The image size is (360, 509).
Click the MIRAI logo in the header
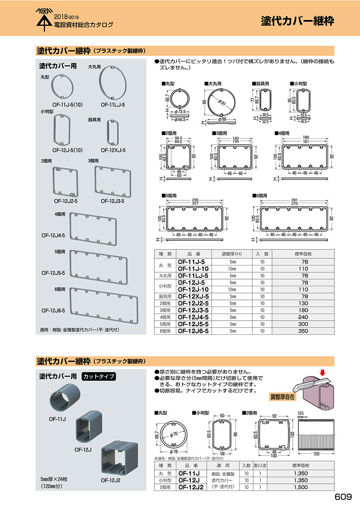(x=44, y=20)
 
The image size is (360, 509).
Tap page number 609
(x=343, y=497)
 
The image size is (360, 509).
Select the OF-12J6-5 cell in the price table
(x=193, y=331)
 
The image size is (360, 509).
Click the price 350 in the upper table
(x=303, y=331)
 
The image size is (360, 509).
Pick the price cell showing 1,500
(x=301, y=487)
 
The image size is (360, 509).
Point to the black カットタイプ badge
(x=99, y=377)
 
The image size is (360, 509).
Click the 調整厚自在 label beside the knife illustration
(x=282, y=397)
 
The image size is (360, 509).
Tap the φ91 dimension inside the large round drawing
(x=222, y=103)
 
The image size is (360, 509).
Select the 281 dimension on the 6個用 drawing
(x=294, y=200)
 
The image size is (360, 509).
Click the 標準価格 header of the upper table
(x=303, y=254)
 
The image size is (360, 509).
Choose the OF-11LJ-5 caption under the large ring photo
(x=113, y=105)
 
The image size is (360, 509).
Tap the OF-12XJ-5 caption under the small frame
(x=113, y=150)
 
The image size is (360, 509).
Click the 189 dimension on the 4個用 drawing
(x=306, y=137)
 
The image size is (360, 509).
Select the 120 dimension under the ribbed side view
(x=316, y=454)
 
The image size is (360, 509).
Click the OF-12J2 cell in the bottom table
(x=191, y=487)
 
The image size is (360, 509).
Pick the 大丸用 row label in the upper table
(x=165, y=275)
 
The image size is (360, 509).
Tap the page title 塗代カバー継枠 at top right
(x=298, y=21)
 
